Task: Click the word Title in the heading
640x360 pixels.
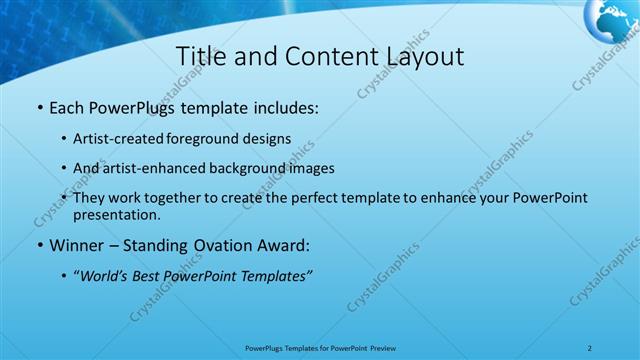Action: point(200,57)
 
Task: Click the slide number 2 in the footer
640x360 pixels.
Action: point(591,348)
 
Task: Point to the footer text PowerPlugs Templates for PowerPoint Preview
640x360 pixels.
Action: point(320,348)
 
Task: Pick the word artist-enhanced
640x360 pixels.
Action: point(147,168)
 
